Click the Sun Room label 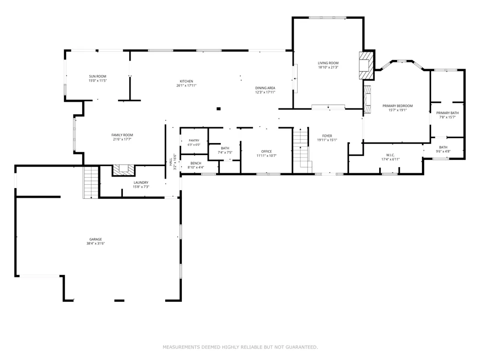point(97,76)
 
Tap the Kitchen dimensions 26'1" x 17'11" point(186,86)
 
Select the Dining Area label point(265,88)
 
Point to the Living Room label point(328,63)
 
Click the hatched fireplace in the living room point(366,65)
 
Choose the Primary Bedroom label point(397,106)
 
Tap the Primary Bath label point(447,113)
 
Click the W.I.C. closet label point(390,155)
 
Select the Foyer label point(327,136)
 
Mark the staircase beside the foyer point(302,150)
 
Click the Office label point(266,152)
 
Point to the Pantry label point(194,141)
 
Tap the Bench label point(196,164)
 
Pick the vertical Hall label point(171,162)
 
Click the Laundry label point(141,183)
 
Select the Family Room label point(122,135)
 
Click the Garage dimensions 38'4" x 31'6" point(96,244)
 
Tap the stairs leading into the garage point(91,182)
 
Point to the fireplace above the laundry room point(124,170)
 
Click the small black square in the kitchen point(218,108)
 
